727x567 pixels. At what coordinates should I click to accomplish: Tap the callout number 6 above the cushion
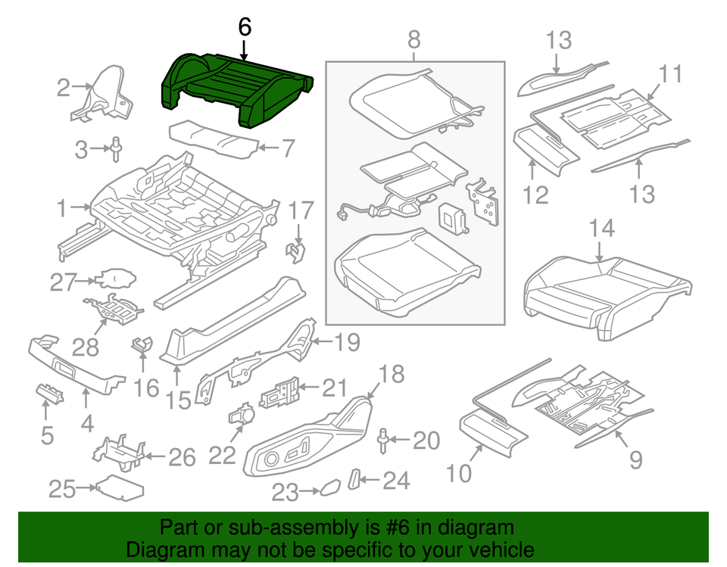[x=244, y=26]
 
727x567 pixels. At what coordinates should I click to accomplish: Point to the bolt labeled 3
[x=116, y=149]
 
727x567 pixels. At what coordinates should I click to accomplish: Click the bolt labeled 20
[x=384, y=440]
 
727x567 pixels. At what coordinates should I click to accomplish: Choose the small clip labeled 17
[x=296, y=251]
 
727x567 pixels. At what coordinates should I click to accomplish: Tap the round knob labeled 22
[x=242, y=416]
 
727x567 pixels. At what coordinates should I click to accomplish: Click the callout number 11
[x=670, y=74]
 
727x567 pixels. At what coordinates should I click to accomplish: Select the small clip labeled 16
[x=142, y=345]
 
